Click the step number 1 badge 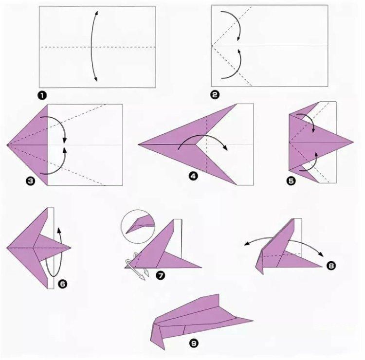tap(42, 95)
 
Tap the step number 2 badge tap(215, 95)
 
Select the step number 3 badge tap(31, 181)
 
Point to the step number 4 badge tap(193, 176)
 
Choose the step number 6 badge tap(63, 284)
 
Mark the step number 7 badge tap(161, 276)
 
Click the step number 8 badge tap(331, 265)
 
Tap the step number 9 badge tap(194, 343)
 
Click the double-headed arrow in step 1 tap(91, 47)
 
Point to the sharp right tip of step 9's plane tap(253, 321)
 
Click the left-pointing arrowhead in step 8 tap(246, 244)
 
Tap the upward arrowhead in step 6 tap(59, 230)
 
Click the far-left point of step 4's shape tap(139, 144)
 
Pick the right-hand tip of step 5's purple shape tap(353, 142)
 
